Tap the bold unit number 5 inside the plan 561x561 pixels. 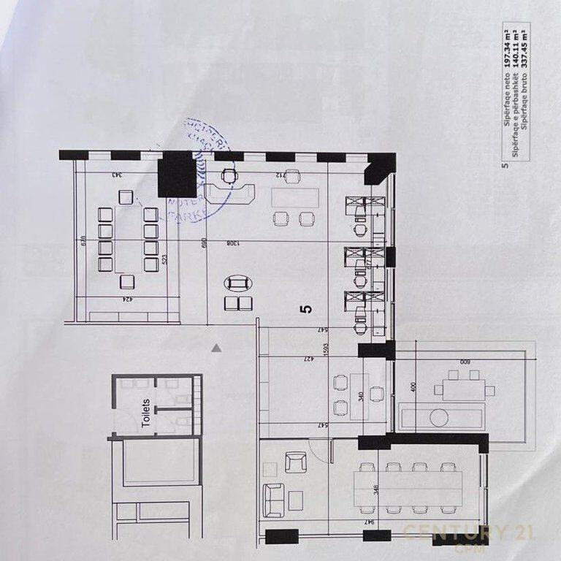tap(306, 308)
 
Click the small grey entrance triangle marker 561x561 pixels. tap(216, 348)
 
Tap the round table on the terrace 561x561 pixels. tap(438, 417)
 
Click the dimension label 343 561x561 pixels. tap(115, 175)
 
